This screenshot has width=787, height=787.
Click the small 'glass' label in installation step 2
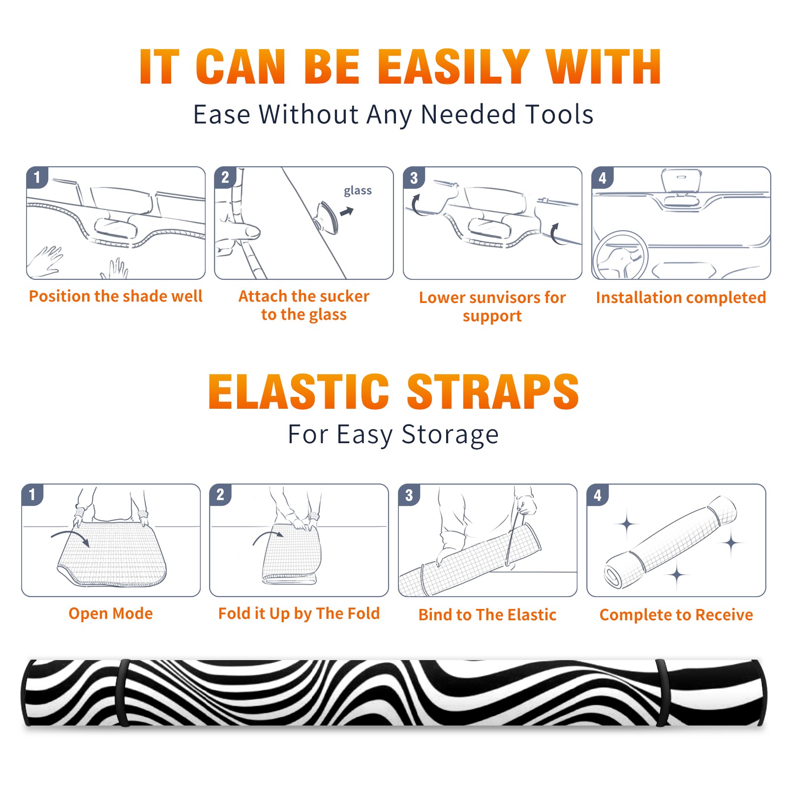(358, 191)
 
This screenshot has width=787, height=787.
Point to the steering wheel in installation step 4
(621, 255)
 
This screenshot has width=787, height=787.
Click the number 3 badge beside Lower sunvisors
(414, 178)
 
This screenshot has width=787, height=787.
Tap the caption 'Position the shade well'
(116, 296)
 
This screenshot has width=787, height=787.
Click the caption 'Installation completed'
(681, 298)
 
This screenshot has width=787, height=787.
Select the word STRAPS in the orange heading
(493, 392)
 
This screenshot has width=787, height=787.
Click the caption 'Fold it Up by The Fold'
(299, 614)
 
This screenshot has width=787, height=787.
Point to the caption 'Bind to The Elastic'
(487, 615)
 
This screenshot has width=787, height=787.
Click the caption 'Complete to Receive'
(676, 615)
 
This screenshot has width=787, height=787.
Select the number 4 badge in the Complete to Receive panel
(598, 495)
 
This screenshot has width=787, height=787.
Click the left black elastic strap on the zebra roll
(123, 693)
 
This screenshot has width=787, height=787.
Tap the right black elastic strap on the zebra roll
(663, 693)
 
